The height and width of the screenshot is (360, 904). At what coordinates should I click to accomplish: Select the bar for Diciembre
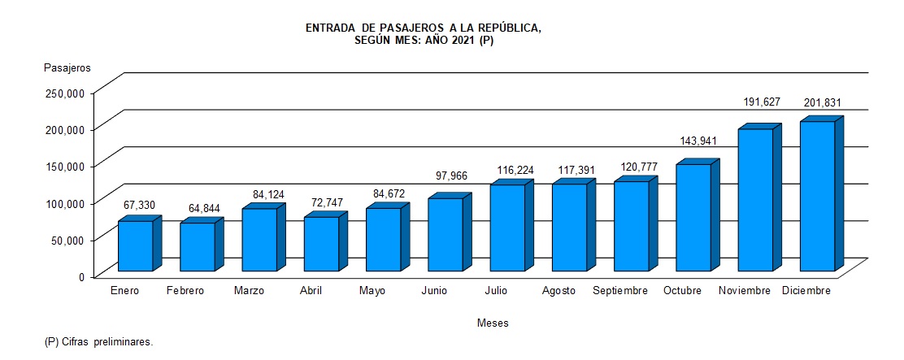click(x=817, y=196)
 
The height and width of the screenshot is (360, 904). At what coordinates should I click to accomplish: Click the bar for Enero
click(x=135, y=245)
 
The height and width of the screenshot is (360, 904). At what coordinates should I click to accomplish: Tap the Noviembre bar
click(x=755, y=200)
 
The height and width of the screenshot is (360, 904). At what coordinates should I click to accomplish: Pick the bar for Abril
click(x=321, y=244)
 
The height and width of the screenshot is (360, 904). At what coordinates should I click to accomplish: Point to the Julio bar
click(x=507, y=228)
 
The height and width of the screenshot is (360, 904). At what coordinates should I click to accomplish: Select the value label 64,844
click(x=197, y=208)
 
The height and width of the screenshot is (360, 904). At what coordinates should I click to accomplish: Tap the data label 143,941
click(x=698, y=141)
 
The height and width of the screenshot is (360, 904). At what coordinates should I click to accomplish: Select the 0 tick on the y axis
click(x=82, y=276)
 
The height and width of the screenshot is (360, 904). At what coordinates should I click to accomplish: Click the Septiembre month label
click(x=620, y=291)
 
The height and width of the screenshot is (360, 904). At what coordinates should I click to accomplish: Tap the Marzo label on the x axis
click(x=249, y=291)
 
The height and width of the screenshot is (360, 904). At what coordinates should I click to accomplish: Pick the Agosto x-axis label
click(x=558, y=291)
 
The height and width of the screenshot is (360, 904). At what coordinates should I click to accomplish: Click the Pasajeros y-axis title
click(x=67, y=67)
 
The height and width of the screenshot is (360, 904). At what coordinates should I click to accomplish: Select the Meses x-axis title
click(x=493, y=323)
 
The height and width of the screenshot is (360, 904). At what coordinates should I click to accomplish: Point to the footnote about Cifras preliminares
click(x=98, y=342)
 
